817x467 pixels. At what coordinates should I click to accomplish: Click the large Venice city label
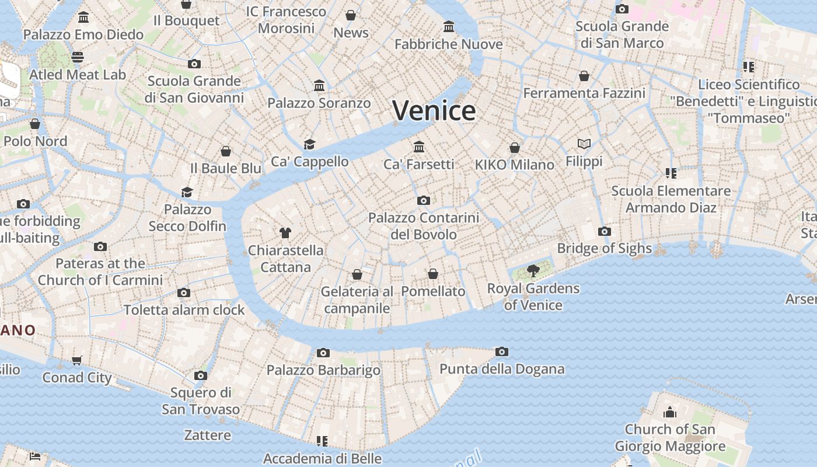tap(434, 110)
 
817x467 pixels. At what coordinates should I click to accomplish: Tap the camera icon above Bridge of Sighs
tap(605, 232)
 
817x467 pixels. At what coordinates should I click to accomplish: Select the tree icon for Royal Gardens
tap(533, 270)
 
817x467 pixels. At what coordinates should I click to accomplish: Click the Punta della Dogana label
tap(502, 369)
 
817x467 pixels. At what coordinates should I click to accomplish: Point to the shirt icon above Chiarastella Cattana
tap(285, 233)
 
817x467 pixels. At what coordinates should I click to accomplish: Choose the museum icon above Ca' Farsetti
tap(419, 147)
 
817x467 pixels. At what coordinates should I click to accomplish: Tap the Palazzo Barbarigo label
tap(323, 370)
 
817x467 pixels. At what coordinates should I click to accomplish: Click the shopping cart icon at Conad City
tap(77, 360)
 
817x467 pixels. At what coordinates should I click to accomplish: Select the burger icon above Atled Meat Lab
tap(78, 57)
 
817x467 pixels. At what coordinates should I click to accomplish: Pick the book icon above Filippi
tap(584, 144)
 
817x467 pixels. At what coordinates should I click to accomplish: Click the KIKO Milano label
tap(514, 165)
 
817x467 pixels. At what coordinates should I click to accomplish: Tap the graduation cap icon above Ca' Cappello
tap(309, 144)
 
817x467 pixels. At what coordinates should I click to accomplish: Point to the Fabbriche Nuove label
tap(448, 44)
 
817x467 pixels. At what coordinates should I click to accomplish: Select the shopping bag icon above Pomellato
tap(433, 274)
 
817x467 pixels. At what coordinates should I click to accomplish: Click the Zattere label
tap(207, 435)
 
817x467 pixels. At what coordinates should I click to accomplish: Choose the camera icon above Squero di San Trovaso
tap(201, 375)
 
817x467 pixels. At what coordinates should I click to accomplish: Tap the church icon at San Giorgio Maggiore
tap(670, 413)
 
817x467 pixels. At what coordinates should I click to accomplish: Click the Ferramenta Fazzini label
tap(584, 93)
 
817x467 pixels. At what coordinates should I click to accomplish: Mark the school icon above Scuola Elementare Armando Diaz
tap(671, 173)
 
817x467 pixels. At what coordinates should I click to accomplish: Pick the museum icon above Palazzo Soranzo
tap(319, 86)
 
